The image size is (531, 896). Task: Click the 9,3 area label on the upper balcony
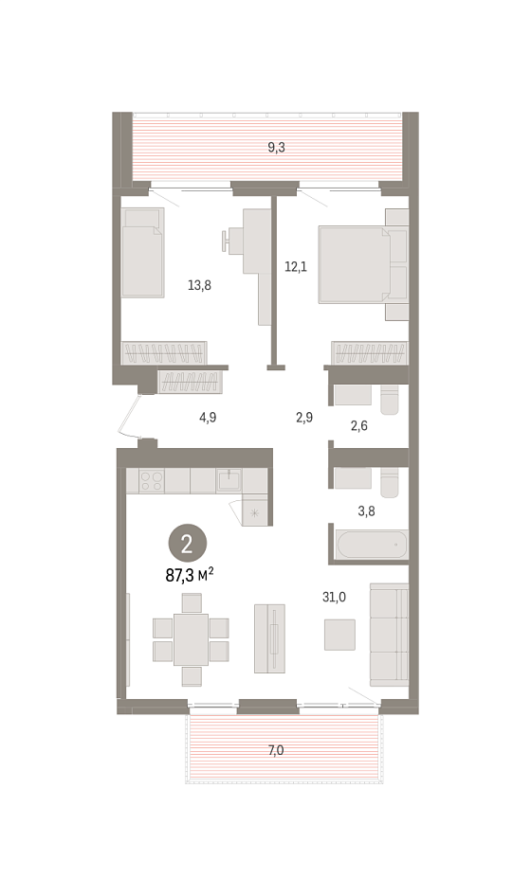pos(276,148)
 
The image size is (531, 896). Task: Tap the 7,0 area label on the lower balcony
pos(276,750)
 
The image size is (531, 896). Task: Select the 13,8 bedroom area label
pos(199,284)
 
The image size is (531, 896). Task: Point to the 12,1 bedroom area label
pos(296,266)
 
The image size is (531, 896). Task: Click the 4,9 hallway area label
pos(208,418)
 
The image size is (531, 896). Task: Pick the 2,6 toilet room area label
pos(358,425)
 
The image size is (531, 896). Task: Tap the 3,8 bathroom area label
pos(366,511)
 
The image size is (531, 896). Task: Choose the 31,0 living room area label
pos(334,597)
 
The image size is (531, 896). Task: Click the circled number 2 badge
pos(187,546)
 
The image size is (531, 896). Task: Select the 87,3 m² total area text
pos(190,575)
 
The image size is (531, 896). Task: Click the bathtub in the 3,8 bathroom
pos(372,546)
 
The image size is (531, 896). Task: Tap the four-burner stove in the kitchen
pos(152,480)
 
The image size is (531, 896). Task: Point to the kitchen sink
pos(229,480)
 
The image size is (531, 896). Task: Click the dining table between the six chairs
pos(192,639)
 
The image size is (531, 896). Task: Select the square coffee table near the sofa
pos(339,635)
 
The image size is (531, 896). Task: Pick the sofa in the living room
pos(389,635)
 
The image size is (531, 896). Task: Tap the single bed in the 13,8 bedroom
pos(143,253)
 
